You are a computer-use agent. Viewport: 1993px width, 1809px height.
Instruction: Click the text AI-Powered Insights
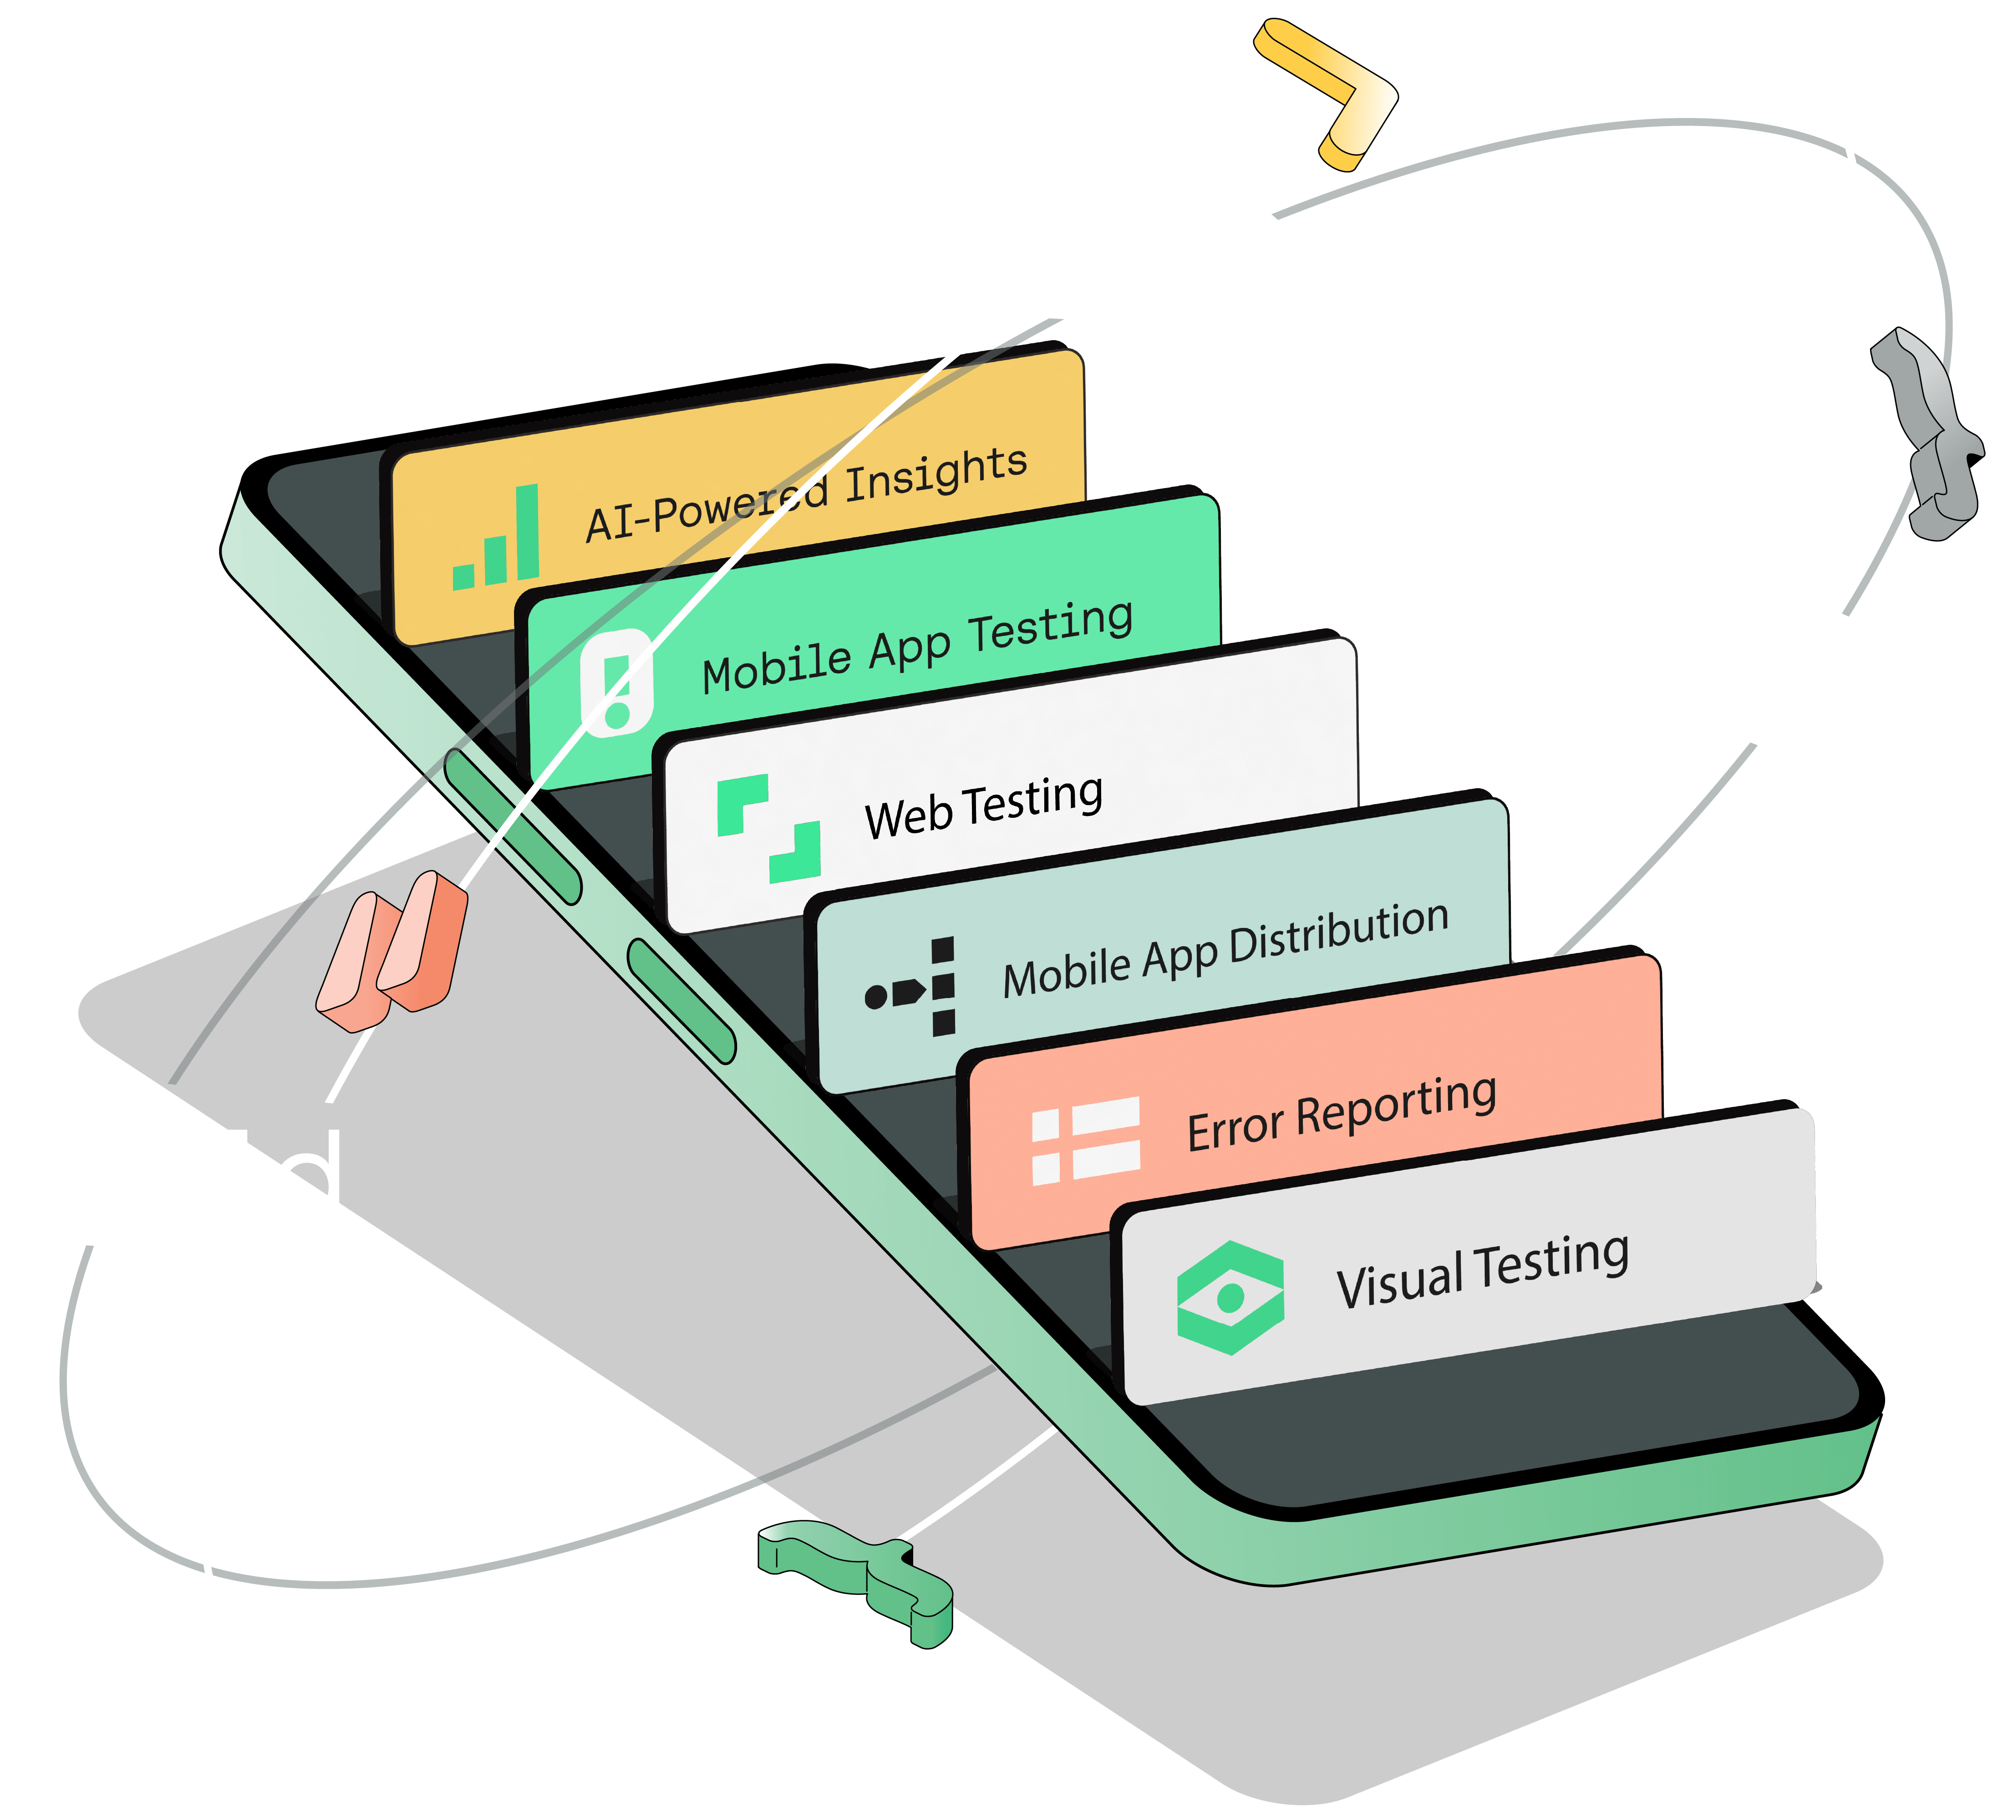806,494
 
